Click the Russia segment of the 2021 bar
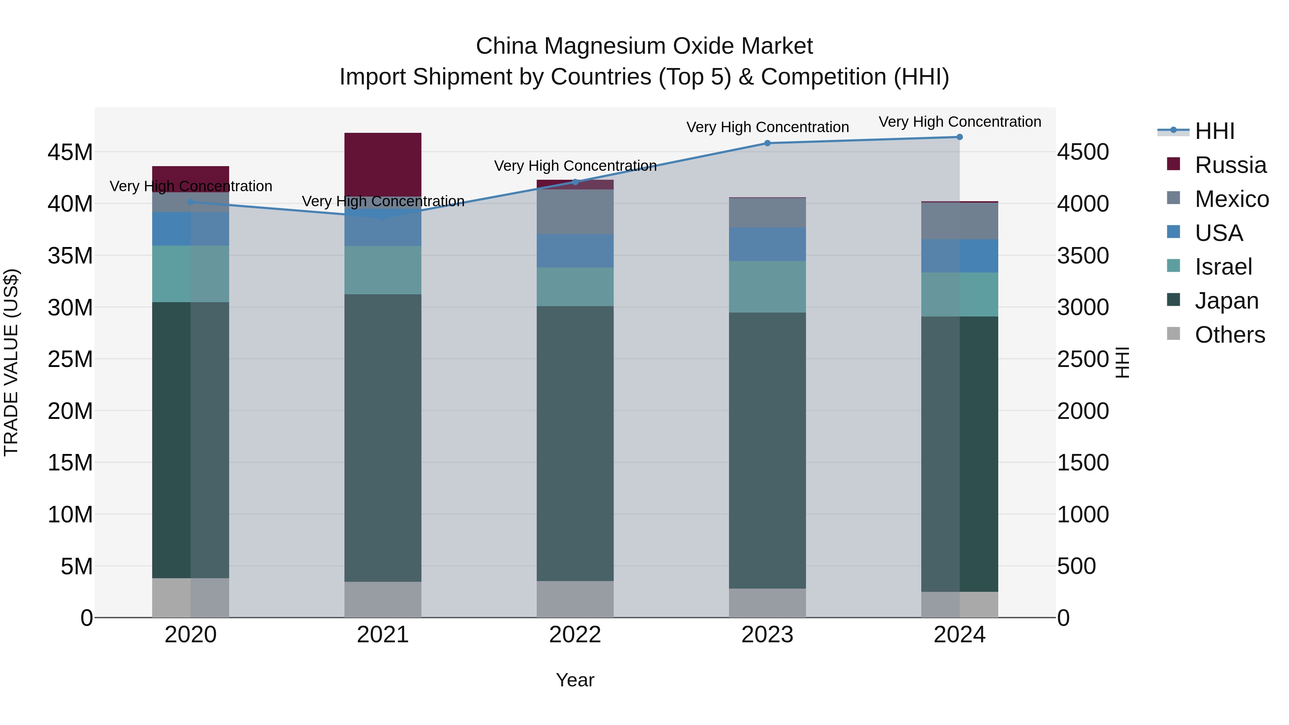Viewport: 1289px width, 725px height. [383, 165]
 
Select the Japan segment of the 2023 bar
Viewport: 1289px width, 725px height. [767, 450]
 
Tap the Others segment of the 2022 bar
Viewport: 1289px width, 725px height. [575, 599]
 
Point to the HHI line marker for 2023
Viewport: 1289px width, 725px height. [767, 143]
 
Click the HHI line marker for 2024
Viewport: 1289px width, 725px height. [959, 137]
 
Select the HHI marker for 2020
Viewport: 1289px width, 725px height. [190, 202]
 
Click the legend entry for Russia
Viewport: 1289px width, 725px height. [1230, 165]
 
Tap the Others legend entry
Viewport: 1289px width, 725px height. [1230, 335]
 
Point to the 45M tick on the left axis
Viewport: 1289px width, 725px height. [70, 152]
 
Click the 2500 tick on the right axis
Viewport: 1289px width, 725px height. [1083, 359]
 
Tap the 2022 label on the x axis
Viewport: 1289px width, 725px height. [575, 635]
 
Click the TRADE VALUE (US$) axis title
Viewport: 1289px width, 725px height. [11, 362]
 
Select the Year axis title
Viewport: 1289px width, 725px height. [575, 680]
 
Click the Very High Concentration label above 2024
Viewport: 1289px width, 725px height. [959, 122]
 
